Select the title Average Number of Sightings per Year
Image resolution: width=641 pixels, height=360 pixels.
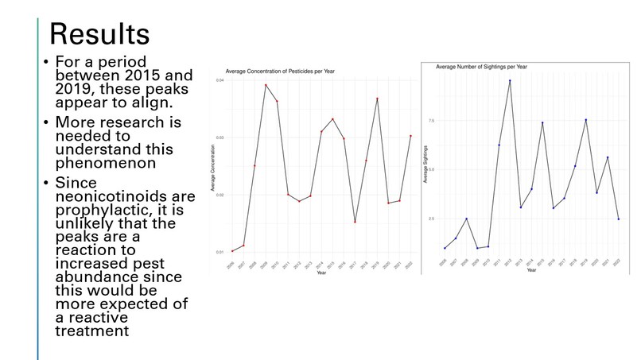[x=482, y=66]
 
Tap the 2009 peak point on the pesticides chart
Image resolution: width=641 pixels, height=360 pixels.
[x=266, y=85]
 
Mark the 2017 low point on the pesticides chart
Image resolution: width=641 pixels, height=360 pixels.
[x=355, y=222]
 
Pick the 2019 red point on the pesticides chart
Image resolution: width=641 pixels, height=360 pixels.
[x=377, y=99]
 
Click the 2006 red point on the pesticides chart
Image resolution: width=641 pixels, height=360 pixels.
[x=232, y=251]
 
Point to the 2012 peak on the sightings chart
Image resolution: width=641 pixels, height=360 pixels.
[x=510, y=81]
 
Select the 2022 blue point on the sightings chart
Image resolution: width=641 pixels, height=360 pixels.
[x=618, y=219]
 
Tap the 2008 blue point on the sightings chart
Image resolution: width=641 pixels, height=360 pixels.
[x=467, y=219]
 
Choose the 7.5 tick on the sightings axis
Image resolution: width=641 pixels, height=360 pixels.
[x=431, y=121]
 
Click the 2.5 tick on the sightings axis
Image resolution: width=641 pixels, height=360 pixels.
[x=431, y=219]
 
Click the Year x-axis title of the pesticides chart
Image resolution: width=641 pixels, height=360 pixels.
[x=321, y=273]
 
